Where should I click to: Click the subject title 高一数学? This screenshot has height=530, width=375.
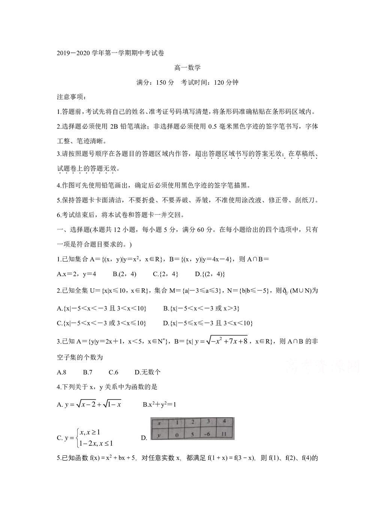pyautogui.click(x=187, y=68)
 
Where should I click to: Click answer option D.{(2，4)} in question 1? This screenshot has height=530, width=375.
pyautogui.click(x=210, y=274)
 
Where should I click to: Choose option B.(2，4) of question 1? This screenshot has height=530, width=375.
pyautogui.click(x=124, y=274)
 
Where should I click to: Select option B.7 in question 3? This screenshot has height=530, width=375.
pyautogui.click(x=88, y=372)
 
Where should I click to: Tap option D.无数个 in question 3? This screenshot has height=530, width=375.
pyautogui.click(x=147, y=372)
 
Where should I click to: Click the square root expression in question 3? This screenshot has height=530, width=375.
pyautogui.click(x=225, y=341)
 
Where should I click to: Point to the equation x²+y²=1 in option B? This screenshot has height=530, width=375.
pyautogui.click(x=159, y=404)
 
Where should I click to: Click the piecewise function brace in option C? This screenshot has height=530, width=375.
pyautogui.click(x=76, y=438)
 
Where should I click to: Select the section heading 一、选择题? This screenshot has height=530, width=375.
pyautogui.click(x=73, y=229)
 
